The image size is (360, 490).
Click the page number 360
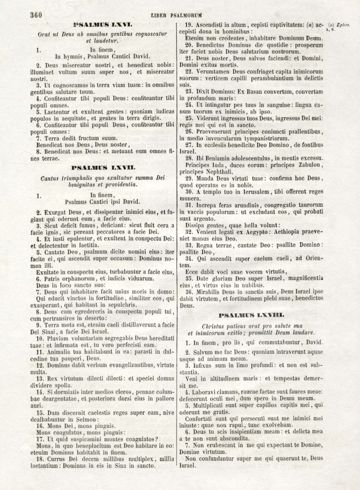pos(35,15)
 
